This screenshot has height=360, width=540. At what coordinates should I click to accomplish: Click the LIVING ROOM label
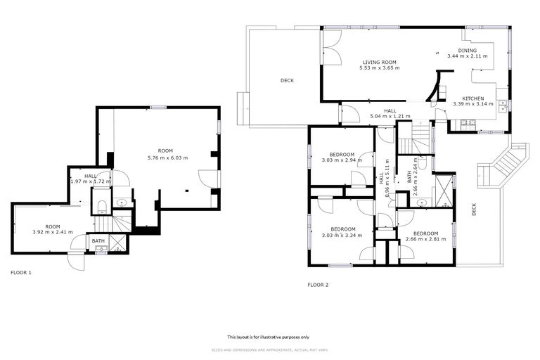point(380,62)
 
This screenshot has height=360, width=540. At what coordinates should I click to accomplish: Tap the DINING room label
point(468,51)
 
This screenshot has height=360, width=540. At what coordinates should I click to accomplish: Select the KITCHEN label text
point(472,98)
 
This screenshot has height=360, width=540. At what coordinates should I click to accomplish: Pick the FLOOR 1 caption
point(21,272)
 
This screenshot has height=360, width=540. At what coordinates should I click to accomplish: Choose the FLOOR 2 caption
point(318,285)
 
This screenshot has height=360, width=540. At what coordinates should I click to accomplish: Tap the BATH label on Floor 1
point(98,241)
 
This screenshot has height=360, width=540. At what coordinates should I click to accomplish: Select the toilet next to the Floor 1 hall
point(101,205)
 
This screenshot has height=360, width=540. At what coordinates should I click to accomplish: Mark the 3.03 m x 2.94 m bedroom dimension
point(342,160)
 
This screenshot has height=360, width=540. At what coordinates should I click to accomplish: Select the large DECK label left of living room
point(287,80)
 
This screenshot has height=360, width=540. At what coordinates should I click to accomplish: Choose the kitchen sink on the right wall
point(503,108)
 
